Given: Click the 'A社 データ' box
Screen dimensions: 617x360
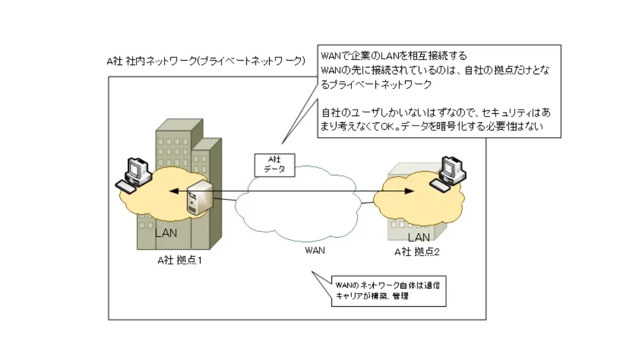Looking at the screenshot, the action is (275, 165).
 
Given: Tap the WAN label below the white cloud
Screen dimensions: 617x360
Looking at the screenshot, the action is (315, 250).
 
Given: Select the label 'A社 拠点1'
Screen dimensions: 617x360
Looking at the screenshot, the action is (180, 260).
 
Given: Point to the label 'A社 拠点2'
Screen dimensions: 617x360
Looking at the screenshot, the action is (416, 252).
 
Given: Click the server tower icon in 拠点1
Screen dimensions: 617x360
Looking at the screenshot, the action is (199, 198).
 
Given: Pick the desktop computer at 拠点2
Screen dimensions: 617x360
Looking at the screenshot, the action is (447, 174).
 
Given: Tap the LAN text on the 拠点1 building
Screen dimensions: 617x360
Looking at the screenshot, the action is (166, 233).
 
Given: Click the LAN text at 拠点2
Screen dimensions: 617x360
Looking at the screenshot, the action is (419, 237).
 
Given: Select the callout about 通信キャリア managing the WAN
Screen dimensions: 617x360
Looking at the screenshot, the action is (389, 291).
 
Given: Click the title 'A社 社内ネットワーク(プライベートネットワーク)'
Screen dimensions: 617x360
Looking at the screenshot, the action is (206, 61).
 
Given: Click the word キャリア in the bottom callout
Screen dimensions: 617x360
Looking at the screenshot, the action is (348, 296).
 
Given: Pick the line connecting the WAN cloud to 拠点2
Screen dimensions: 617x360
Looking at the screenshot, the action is (367, 203).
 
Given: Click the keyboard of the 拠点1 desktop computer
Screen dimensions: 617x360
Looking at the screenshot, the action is (126, 186).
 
